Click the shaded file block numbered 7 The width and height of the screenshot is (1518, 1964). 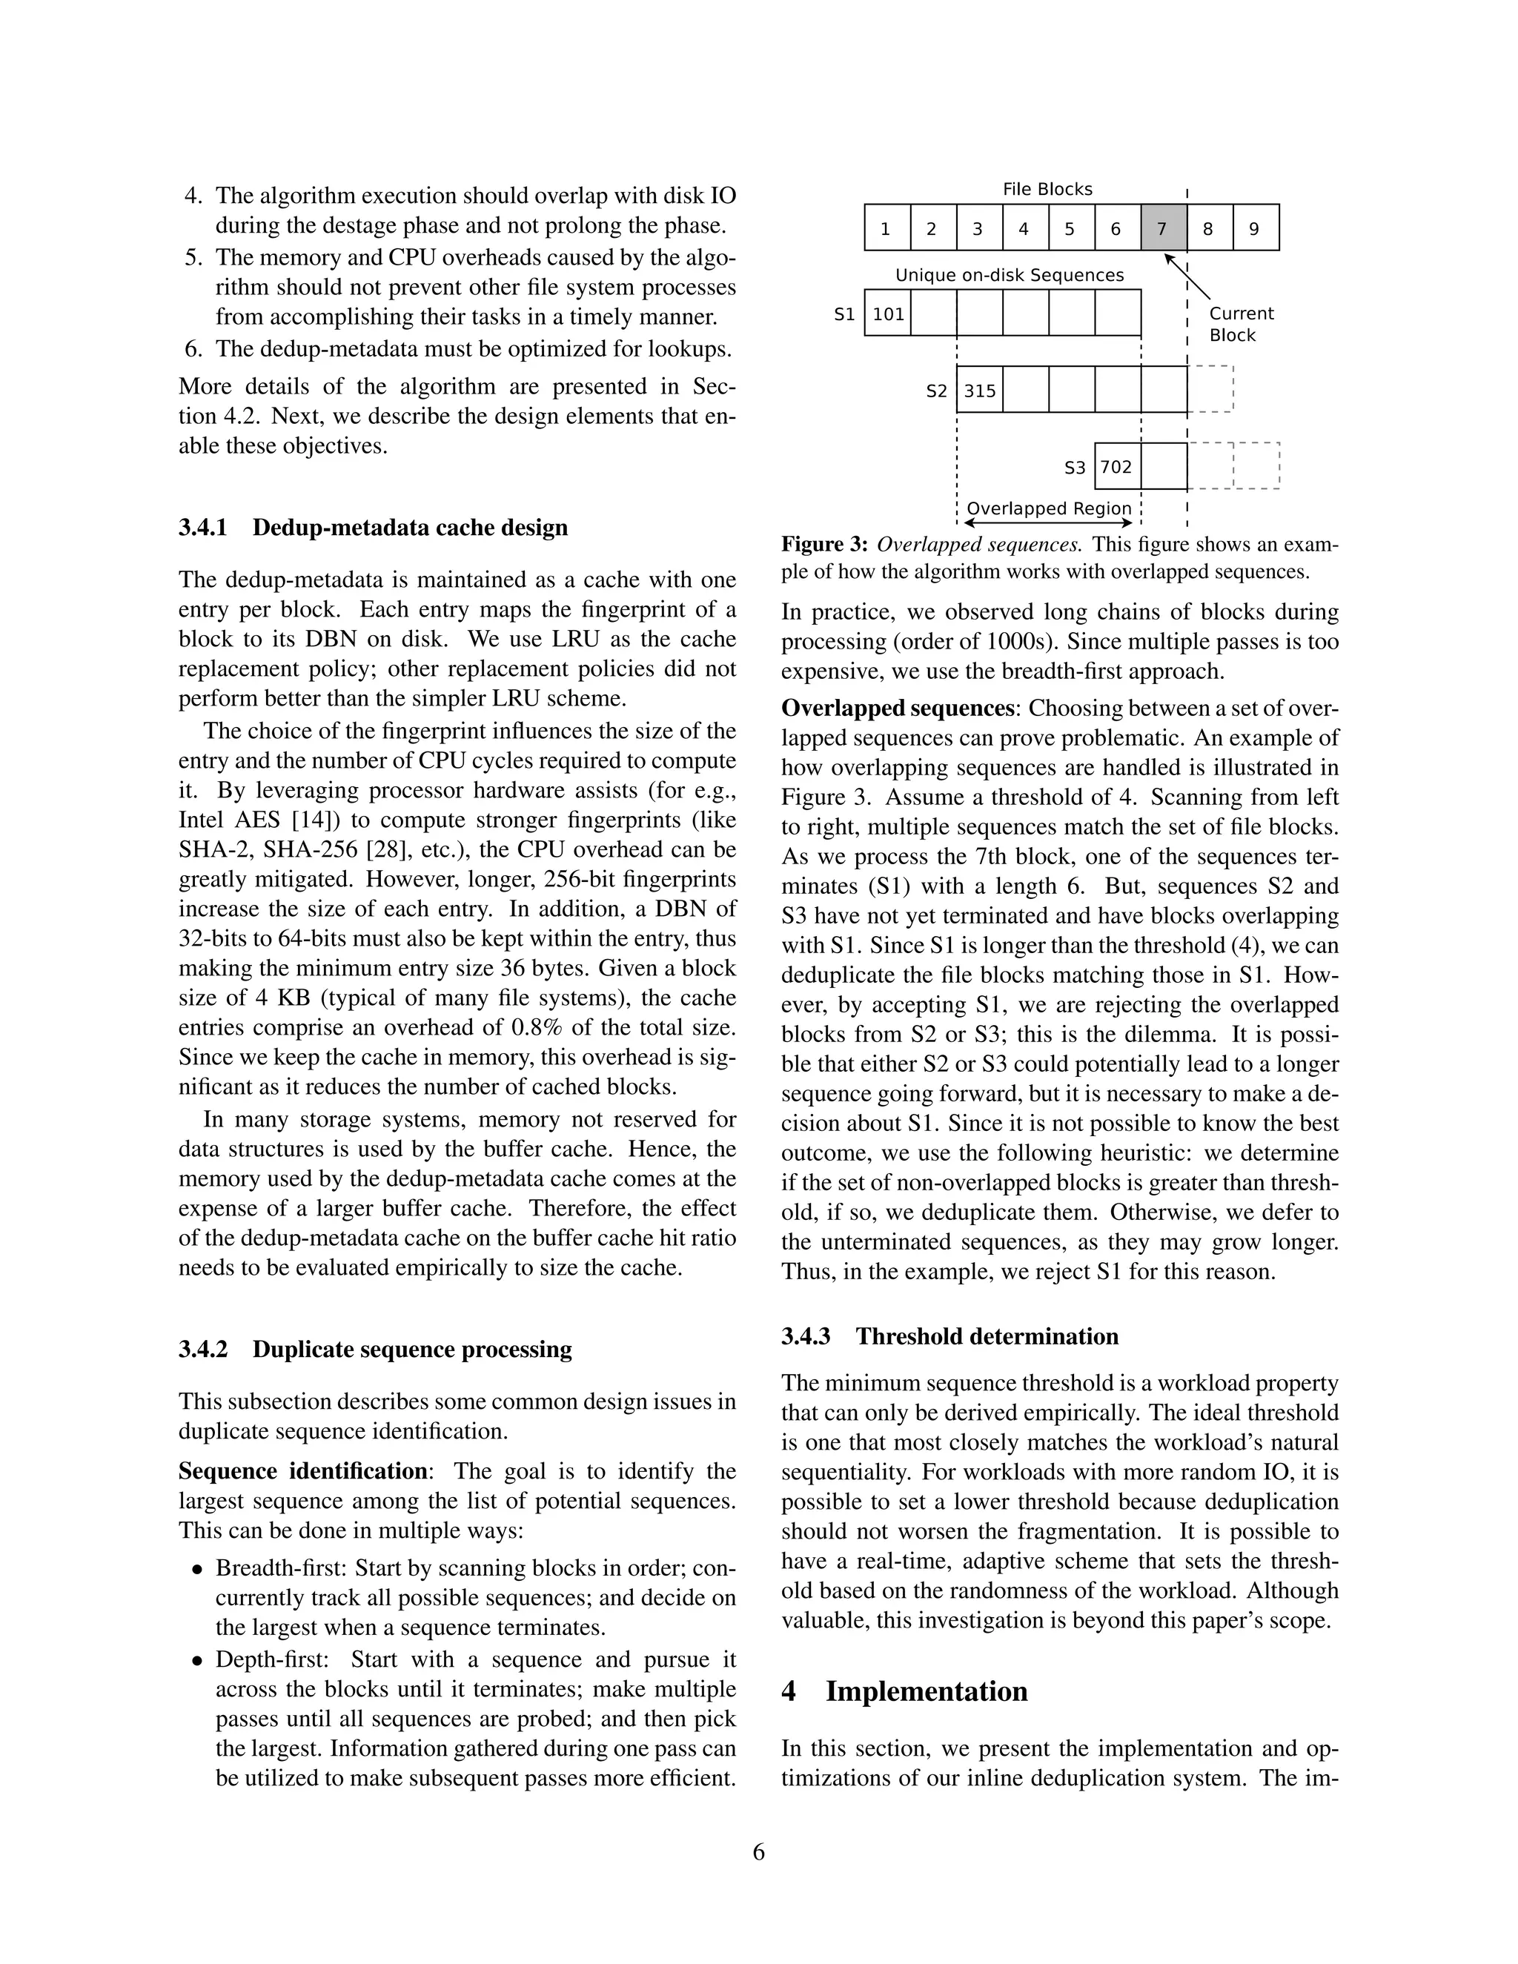tap(1163, 228)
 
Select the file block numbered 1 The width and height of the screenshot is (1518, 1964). tap(886, 228)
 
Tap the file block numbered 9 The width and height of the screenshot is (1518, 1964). tap(1256, 228)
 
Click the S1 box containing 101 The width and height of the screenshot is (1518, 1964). tap(887, 313)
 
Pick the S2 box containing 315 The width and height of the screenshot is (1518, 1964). tap(979, 391)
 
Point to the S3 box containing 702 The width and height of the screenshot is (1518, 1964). tap(1117, 467)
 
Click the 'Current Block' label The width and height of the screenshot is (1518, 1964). tap(1241, 324)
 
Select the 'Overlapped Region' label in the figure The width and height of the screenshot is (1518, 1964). tap(1049, 508)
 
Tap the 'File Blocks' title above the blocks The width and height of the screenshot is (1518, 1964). tap(1047, 189)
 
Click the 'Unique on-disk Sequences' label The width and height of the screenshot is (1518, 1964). tap(1009, 275)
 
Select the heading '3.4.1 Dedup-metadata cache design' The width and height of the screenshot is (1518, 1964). tap(374, 527)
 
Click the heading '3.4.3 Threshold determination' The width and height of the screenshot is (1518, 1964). tap(949, 1336)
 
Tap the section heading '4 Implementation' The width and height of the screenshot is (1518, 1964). tap(904, 1691)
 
